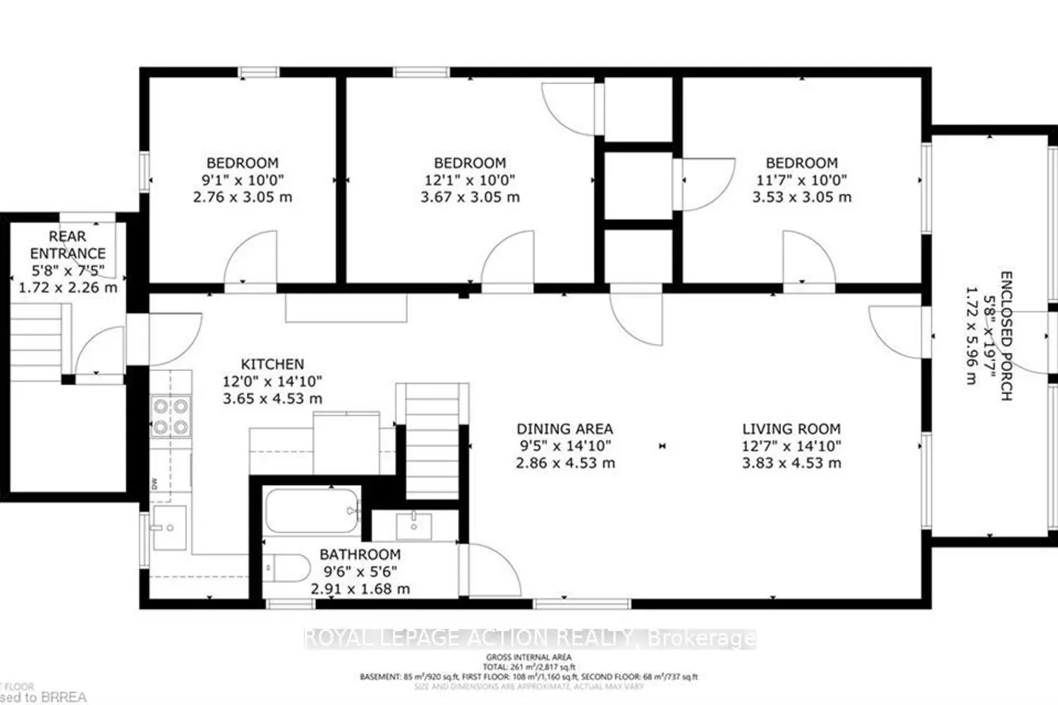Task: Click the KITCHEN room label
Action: (272, 364)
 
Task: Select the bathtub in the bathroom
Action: (311, 512)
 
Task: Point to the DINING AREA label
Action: (564, 429)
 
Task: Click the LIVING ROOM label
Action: (791, 429)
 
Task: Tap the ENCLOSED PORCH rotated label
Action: (1007, 336)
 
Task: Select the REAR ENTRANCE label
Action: (68, 245)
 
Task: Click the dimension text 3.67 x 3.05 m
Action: (470, 197)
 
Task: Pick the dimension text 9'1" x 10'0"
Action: (243, 180)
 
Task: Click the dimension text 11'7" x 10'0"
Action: (801, 180)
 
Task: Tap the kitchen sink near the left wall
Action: (169, 527)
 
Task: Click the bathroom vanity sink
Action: (413, 525)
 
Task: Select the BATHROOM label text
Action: (360, 555)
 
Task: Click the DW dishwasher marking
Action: (154, 483)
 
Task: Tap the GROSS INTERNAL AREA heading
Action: (528, 657)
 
